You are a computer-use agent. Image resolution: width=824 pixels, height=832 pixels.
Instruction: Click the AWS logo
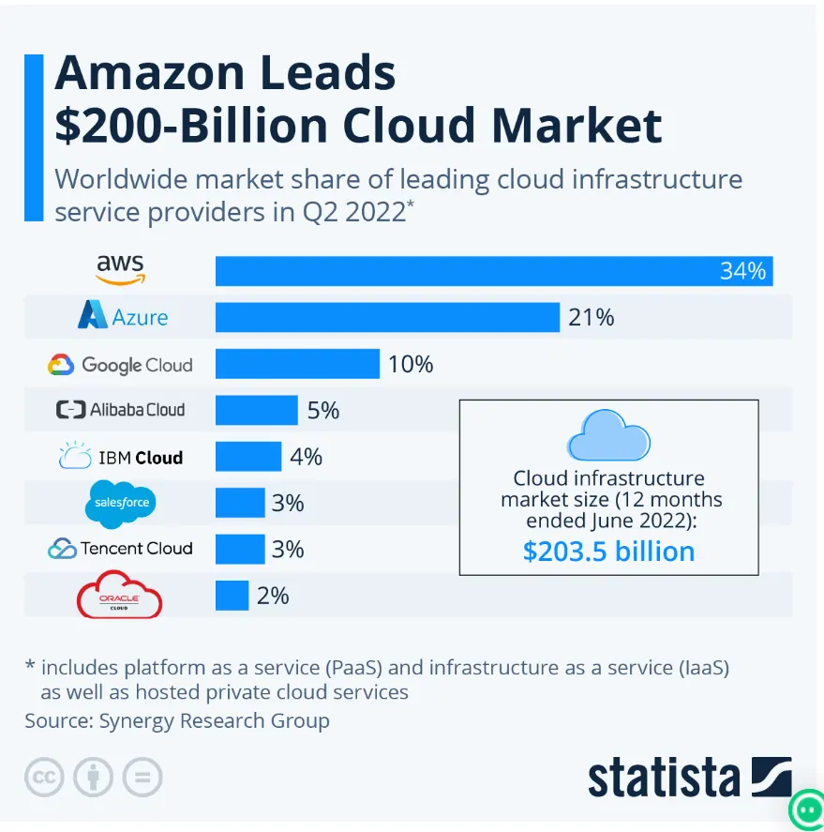tap(121, 270)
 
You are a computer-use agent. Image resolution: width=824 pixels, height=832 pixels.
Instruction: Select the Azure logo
tap(123, 316)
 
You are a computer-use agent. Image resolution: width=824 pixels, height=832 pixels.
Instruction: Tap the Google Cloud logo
tap(120, 364)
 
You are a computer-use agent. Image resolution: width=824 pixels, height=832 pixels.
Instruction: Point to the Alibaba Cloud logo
tap(120, 410)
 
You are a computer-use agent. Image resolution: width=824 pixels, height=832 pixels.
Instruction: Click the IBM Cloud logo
tap(120, 457)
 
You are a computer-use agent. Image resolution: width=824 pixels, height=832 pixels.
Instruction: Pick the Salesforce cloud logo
tap(121, 503)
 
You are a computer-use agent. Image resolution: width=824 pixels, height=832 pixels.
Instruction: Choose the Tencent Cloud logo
tap(120, 549)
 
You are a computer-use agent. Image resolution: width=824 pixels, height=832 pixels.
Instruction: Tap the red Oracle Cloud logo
tap(120, 595)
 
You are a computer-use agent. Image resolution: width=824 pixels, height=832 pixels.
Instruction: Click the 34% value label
tap(742, 271)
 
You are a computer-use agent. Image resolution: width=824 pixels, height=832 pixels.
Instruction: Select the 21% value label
tap(591, 318)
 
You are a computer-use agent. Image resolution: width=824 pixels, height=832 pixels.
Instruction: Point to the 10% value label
tap(411, 364)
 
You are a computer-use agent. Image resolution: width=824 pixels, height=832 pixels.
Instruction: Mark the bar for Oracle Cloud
tap(232, 595)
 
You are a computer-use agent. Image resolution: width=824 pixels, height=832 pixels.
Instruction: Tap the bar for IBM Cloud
tap(248, 457)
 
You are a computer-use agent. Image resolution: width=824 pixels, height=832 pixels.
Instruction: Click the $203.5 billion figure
tap(608, 551)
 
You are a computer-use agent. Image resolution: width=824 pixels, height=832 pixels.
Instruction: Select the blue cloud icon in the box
tap(608, 433)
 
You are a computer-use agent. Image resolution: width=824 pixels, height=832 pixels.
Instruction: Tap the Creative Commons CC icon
tap(43, 777)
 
